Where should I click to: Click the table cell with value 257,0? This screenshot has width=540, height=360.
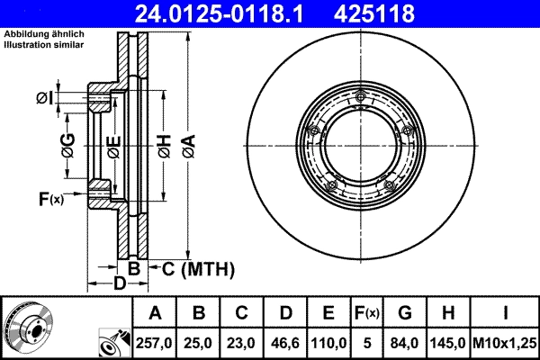point(155,343)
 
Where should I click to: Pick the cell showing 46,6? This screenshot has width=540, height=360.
point(285,343)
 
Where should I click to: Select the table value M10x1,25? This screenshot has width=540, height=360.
point(508,343)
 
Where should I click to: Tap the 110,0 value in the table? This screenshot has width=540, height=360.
point(328,343)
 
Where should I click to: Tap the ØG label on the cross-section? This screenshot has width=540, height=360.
point(68,143)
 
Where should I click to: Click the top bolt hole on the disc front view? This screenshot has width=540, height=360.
point(360,98)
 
